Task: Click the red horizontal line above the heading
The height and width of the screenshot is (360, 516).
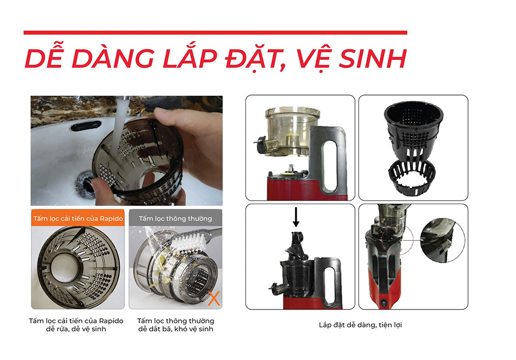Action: pyautogui.click(x=215, y=32)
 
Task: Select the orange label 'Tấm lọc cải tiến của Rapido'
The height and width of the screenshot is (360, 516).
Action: pyautogui.click(x=78, y=218)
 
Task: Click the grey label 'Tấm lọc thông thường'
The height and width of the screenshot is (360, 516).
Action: pyautogui.click(x=175, y=218)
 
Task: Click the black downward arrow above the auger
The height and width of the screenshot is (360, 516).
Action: pyautogui.click(x=296, y=217)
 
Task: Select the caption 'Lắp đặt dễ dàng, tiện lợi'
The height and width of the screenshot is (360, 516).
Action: pyautogui.click(x=360, y=325)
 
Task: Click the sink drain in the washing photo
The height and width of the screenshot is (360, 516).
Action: pyautogui.click(x=85, y=184)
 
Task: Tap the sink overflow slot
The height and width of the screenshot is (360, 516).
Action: pyautogui.click(x=86, y=126)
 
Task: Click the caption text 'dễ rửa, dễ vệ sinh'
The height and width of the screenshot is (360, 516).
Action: pyautogui.click(x=76, y=329)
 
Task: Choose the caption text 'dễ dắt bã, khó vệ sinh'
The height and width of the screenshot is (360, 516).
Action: pyautogui.click(x=175, y=329)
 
